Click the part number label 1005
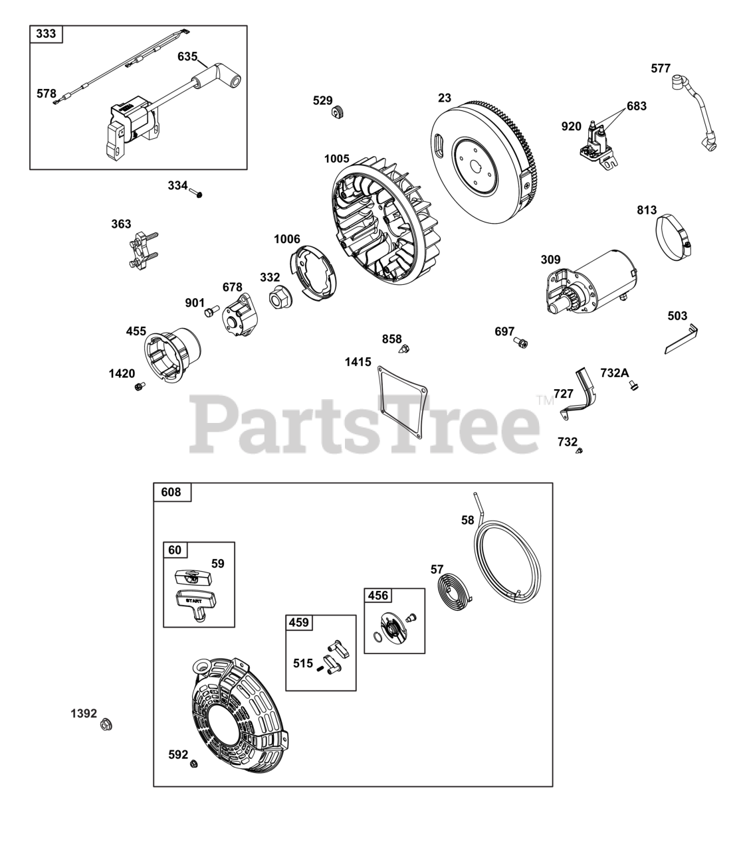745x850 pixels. pos(337,159)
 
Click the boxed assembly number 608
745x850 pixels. pos(171,492)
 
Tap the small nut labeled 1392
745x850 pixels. pos(105,724)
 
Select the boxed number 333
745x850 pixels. pos(46,34)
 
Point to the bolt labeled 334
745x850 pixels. pos(195,193)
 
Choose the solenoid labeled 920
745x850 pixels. pos(601,145)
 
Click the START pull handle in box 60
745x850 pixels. pos(193,604)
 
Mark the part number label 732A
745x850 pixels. pos(614,373)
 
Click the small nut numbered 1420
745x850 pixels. pos(139,386)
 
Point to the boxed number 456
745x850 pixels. pos(377,596)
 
